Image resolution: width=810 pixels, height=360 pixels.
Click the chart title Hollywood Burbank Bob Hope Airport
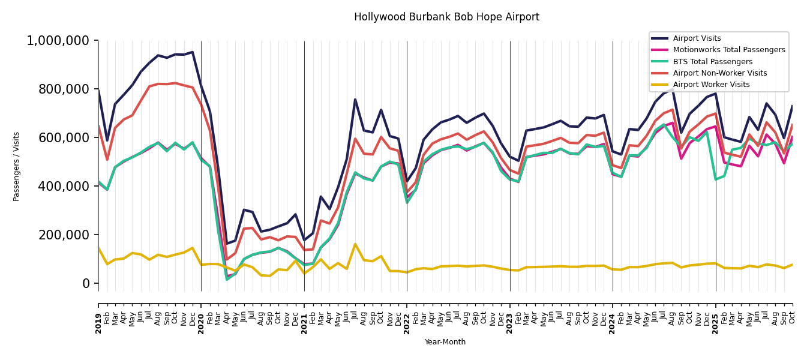446,17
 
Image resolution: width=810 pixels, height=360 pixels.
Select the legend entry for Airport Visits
697,38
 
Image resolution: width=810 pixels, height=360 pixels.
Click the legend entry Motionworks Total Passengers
728,50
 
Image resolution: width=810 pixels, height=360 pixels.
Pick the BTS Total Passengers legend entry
712,62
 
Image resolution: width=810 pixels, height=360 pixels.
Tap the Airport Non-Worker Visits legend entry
719,73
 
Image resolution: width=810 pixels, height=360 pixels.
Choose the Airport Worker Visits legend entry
711,85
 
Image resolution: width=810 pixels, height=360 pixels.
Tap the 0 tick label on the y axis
86,284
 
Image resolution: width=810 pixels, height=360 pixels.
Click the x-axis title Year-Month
445,342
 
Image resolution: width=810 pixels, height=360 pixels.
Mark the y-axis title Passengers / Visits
17,166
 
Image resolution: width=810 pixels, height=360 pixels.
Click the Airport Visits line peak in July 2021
355,100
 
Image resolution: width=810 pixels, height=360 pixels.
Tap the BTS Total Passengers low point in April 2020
227,279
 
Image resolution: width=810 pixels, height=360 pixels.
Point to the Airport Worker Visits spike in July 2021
355,244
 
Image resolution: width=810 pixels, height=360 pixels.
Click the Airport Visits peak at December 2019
193,52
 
